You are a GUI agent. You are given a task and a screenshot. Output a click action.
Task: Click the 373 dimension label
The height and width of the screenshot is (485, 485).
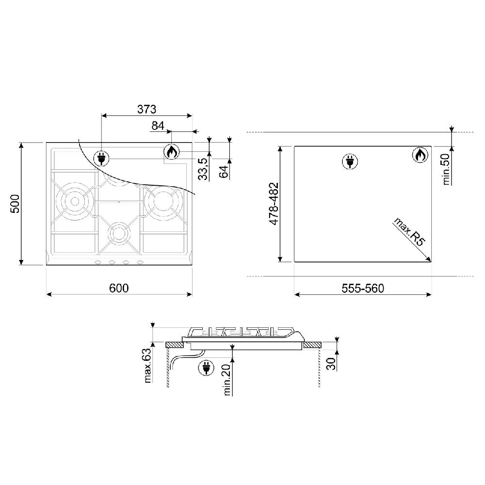pyautogui.click(x=146, y=109)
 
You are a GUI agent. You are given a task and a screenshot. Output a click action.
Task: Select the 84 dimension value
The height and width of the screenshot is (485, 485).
pyautogui.click(x=158, y=126)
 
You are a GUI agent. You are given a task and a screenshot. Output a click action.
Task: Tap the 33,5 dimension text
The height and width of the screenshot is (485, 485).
pyautogui.click(x=203, y=169)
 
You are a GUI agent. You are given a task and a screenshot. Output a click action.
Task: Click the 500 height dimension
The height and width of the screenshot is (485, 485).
pyautogui.click(x=15, y=204)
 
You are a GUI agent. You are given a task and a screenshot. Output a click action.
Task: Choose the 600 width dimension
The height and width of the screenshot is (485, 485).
pyautogui.click(x=119, y=288)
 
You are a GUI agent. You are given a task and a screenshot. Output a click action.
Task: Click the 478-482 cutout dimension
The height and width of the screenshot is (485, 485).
pyautogui.click(x=274, y=204)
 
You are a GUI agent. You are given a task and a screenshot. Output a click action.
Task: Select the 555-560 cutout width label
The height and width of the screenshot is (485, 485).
pyautogui.click(x=363, y=288)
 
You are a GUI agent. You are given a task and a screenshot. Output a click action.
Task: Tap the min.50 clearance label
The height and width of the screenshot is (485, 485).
pyautogui.click(x=446, y=169)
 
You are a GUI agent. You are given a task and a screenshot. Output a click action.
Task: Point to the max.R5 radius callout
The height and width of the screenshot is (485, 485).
pyautogui.click(x=409, y=232)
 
